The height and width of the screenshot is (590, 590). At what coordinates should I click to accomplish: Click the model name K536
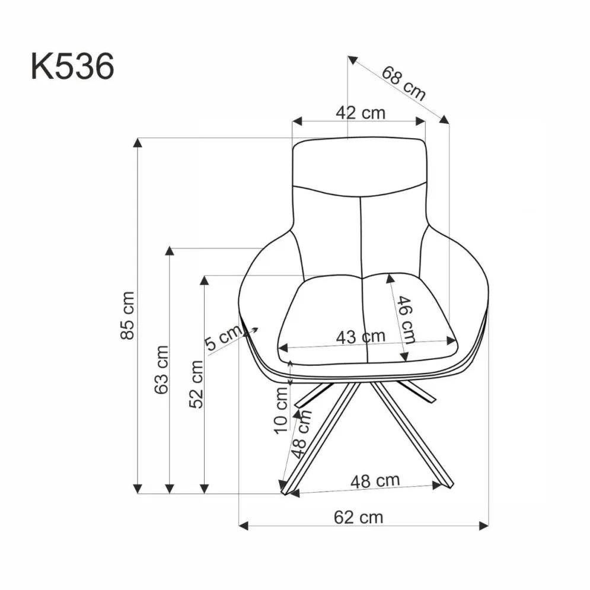point(72,67)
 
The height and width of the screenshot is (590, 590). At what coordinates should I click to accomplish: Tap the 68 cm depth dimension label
point(403,83)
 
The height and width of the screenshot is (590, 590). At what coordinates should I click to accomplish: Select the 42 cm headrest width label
point(360,113)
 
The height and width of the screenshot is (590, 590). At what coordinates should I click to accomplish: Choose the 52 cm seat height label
point(196,384)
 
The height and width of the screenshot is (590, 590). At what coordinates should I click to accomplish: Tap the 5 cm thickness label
point(220,340)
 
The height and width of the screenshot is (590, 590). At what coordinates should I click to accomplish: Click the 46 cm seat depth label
point(406,319)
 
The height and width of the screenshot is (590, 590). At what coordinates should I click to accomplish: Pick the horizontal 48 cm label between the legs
point(374,480)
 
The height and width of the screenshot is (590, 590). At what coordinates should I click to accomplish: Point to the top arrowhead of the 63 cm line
point(170,251)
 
